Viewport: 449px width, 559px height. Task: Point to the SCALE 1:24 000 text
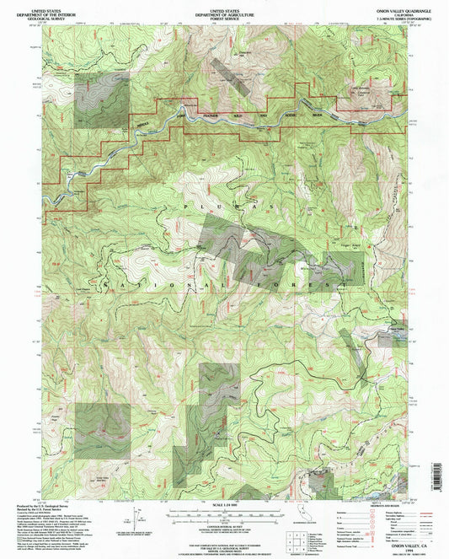pyautogui.click(x=224, y=505)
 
